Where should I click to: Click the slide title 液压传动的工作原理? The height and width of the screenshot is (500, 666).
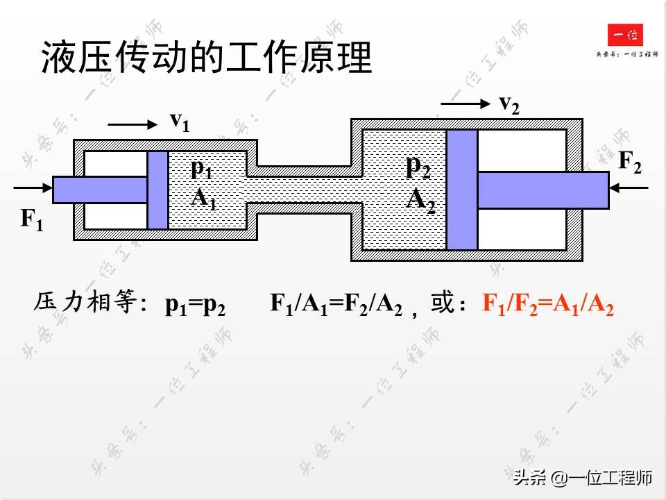click(x=207, y=58)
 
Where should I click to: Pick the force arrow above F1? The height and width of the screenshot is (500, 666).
click(x=33, y=187)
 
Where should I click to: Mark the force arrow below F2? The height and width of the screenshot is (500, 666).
click(x=629, y=187)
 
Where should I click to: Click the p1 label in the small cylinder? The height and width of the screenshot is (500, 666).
click(x=201, y=169)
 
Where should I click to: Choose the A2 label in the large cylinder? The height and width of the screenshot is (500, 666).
click(x=420, y=200)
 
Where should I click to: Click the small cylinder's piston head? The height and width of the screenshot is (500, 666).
click(x=157, y=190)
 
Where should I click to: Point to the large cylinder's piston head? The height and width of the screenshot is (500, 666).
click(x=461, y=190)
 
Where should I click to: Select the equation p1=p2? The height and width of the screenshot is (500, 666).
click(x=195, y=305)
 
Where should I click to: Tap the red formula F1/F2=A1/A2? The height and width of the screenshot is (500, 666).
click(x=548, y=305)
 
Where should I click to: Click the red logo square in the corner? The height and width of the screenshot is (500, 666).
click(x=625, y=35)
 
